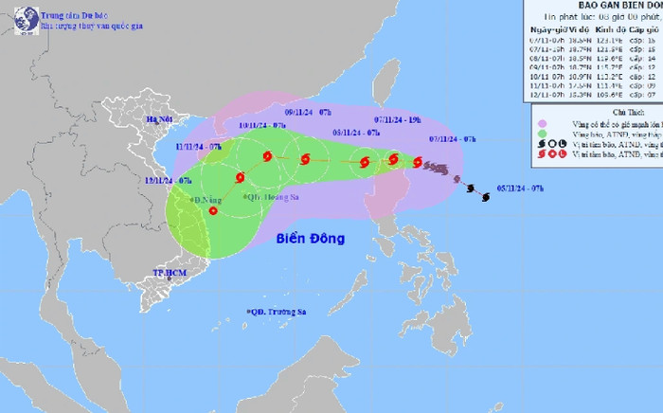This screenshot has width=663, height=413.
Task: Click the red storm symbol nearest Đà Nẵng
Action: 212,211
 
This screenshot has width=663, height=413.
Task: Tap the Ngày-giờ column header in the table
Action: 543,31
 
